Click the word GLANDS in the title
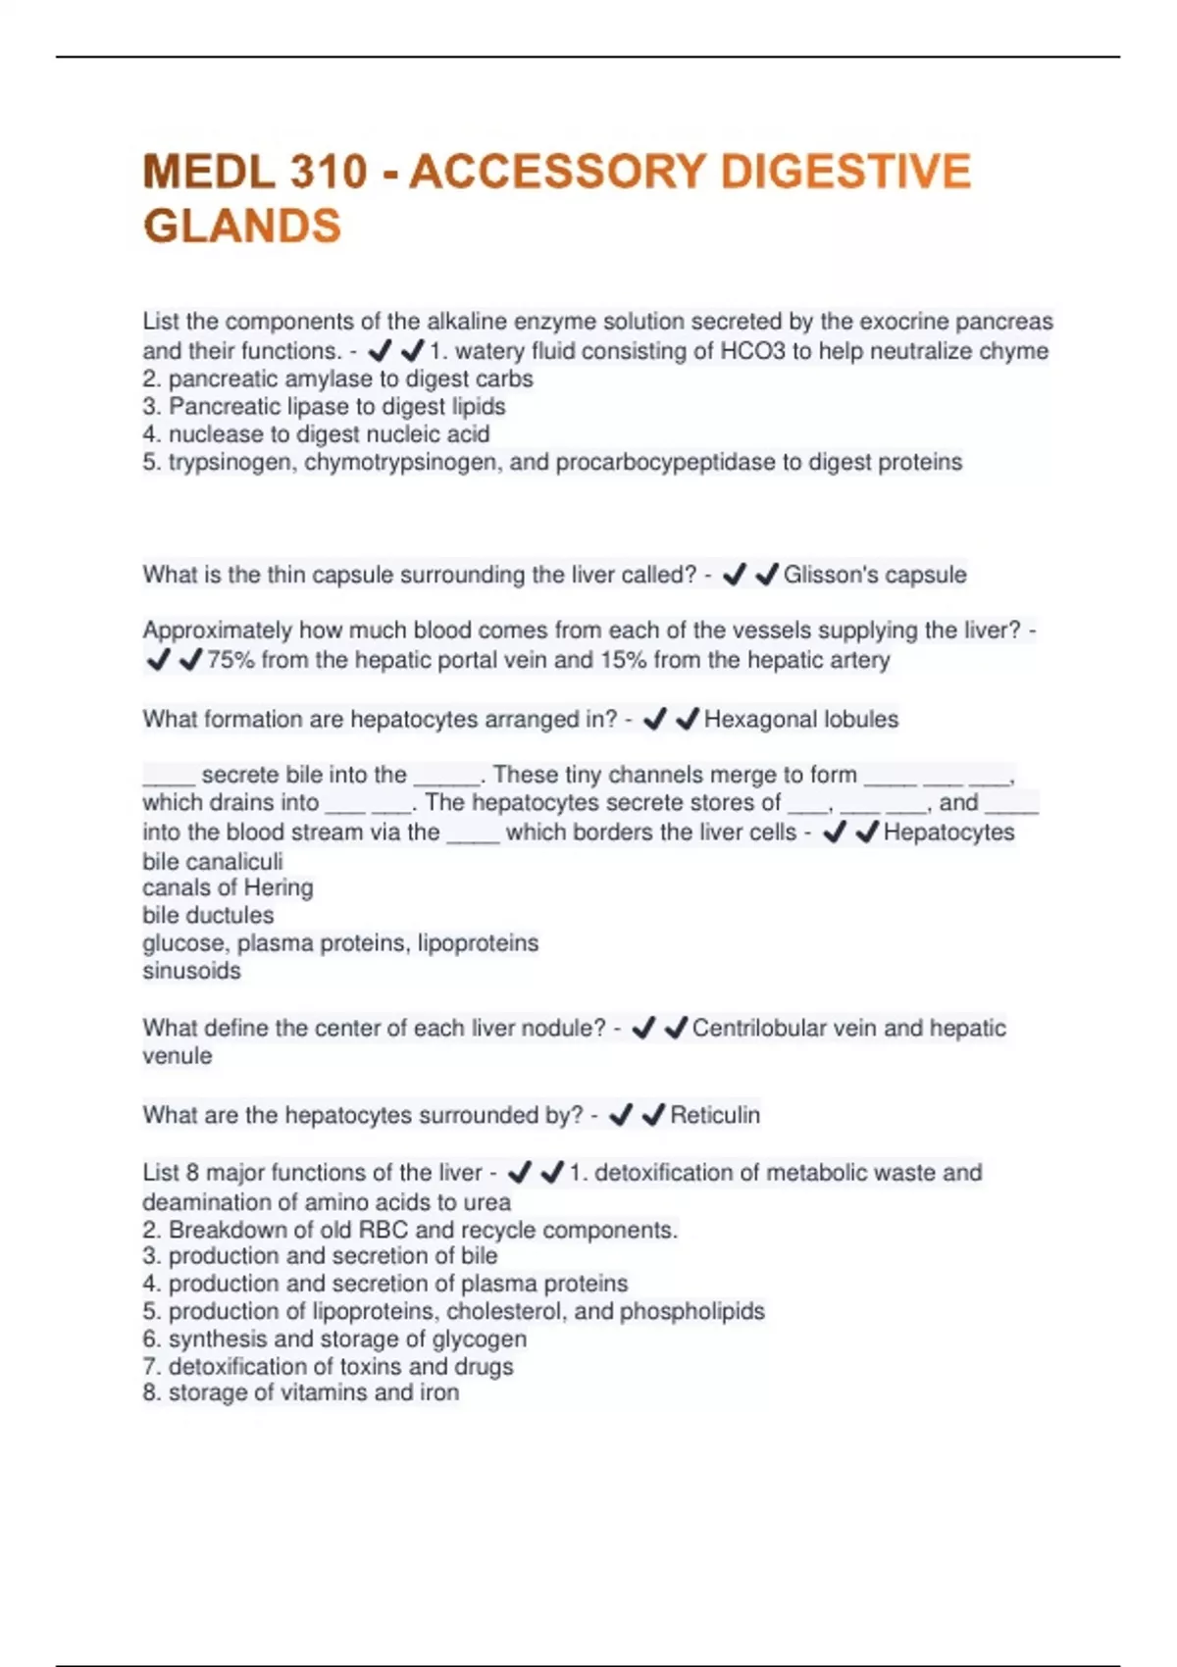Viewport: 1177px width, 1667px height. (x=242, y=227)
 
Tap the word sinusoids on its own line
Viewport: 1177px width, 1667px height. (x=191, y=971)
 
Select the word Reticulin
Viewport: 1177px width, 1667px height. (x=715, y=1115)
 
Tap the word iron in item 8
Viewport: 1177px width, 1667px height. (x=438, y=1393)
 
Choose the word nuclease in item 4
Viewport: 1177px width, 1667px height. (x=212, y=434)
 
